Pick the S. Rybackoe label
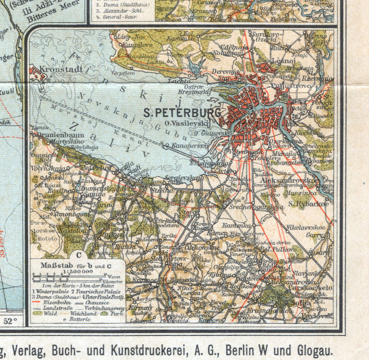pyautogui.click(x=309, y=204)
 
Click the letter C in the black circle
pyautogui.click(x=78, y=255)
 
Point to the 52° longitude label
pyautogui.click(x=12, y=321)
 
